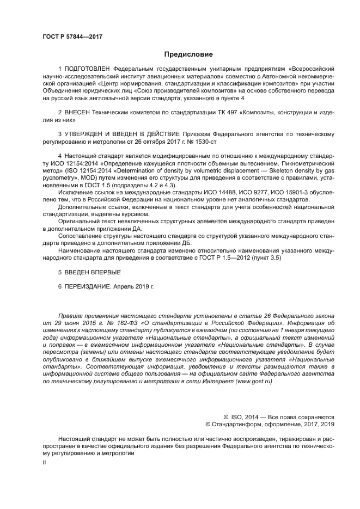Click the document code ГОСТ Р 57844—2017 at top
(x=72, y=36)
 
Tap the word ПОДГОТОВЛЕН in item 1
(x=88, y=70)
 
